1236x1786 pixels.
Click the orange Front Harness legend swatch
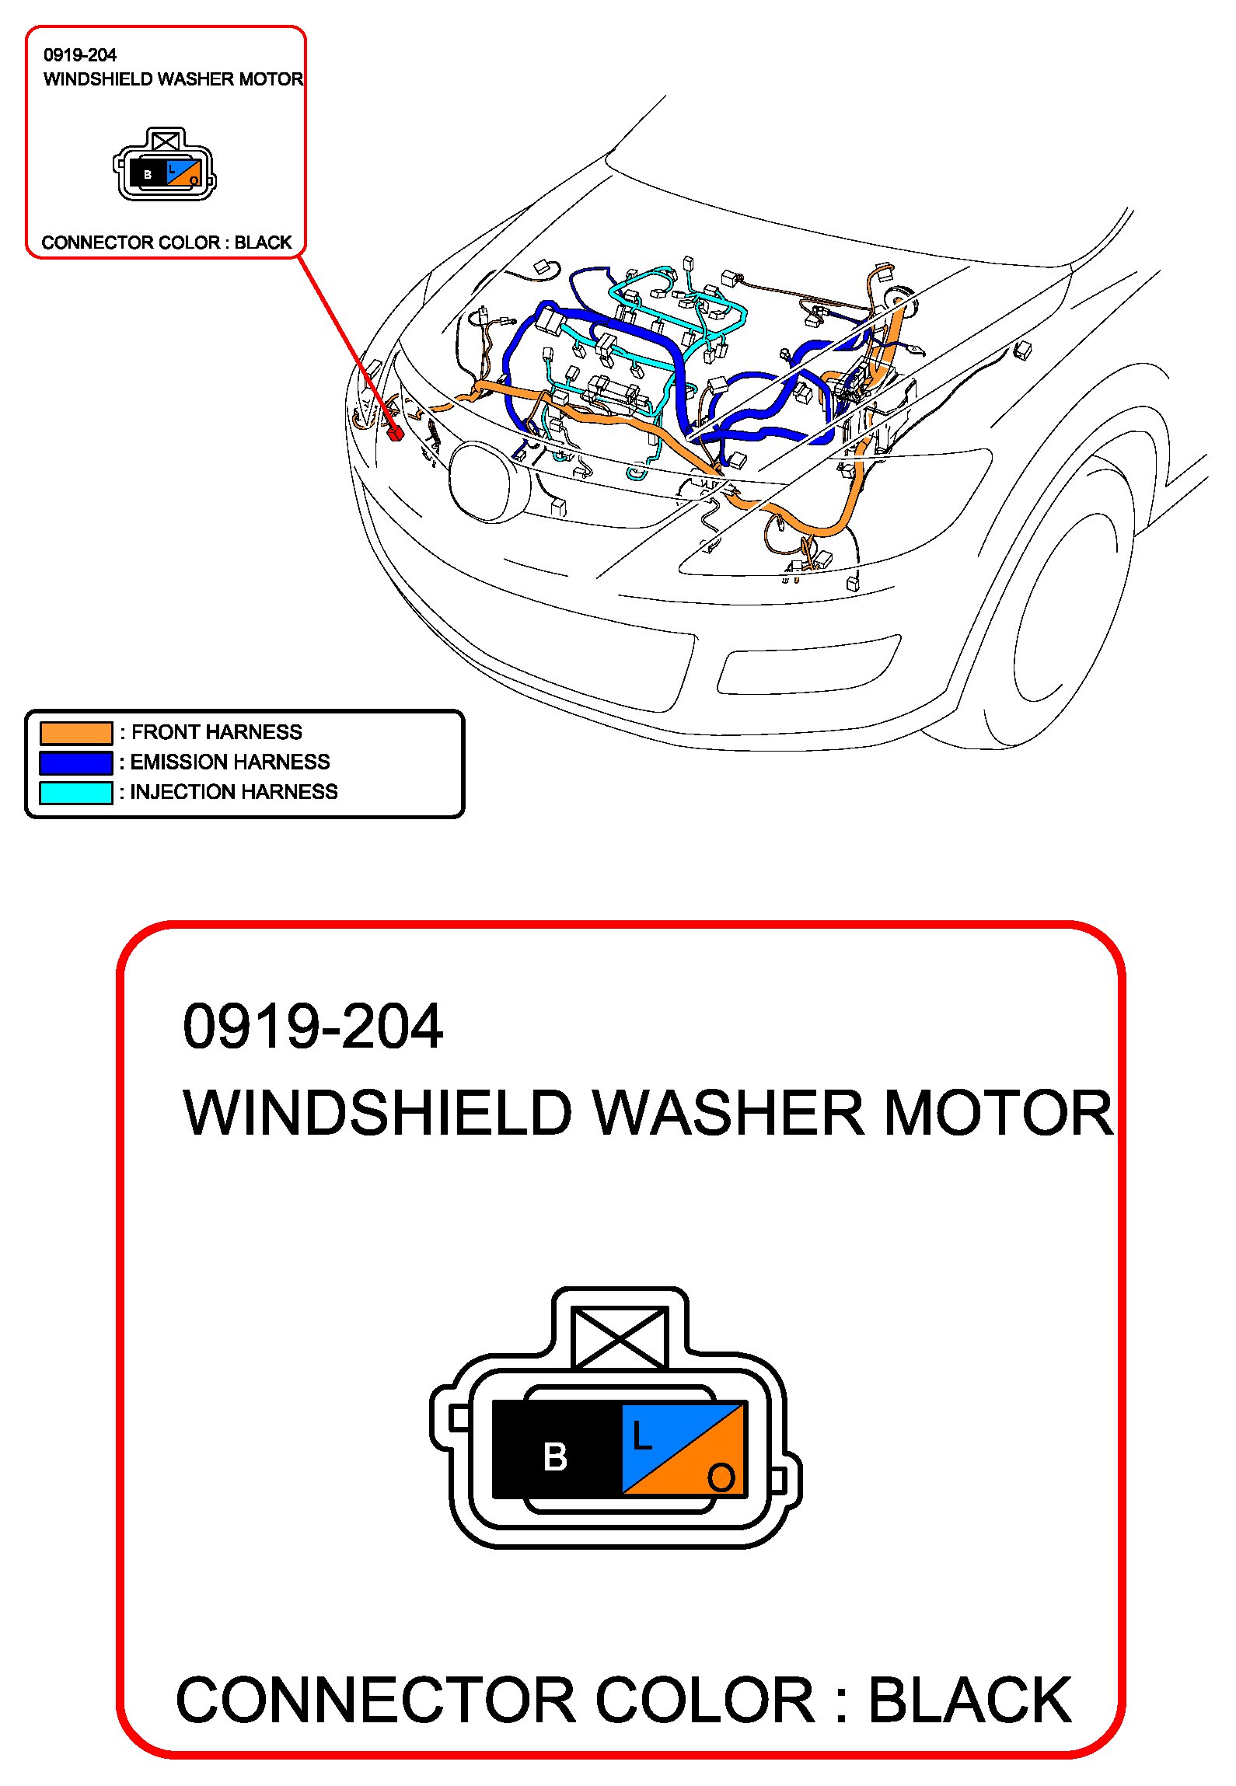point(76,733)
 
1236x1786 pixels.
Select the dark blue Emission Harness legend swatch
point(76,762)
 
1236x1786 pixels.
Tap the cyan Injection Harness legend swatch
point(76,792)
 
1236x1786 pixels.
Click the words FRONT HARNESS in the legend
point(217,732)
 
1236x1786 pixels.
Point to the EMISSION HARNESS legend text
point(230,762)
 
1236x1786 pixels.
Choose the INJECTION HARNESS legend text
point(234,792)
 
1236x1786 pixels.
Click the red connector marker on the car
point(395,432)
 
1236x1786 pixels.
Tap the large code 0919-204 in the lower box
point(312,1027)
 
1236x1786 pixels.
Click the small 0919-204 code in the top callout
point(80,55)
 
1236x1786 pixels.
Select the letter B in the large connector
point(555,1456)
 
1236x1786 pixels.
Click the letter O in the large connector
point(721,1477)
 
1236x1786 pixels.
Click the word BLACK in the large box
point(969,1701)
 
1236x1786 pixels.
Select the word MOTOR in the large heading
point(998,1113)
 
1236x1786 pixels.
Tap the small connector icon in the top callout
point(165,166)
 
